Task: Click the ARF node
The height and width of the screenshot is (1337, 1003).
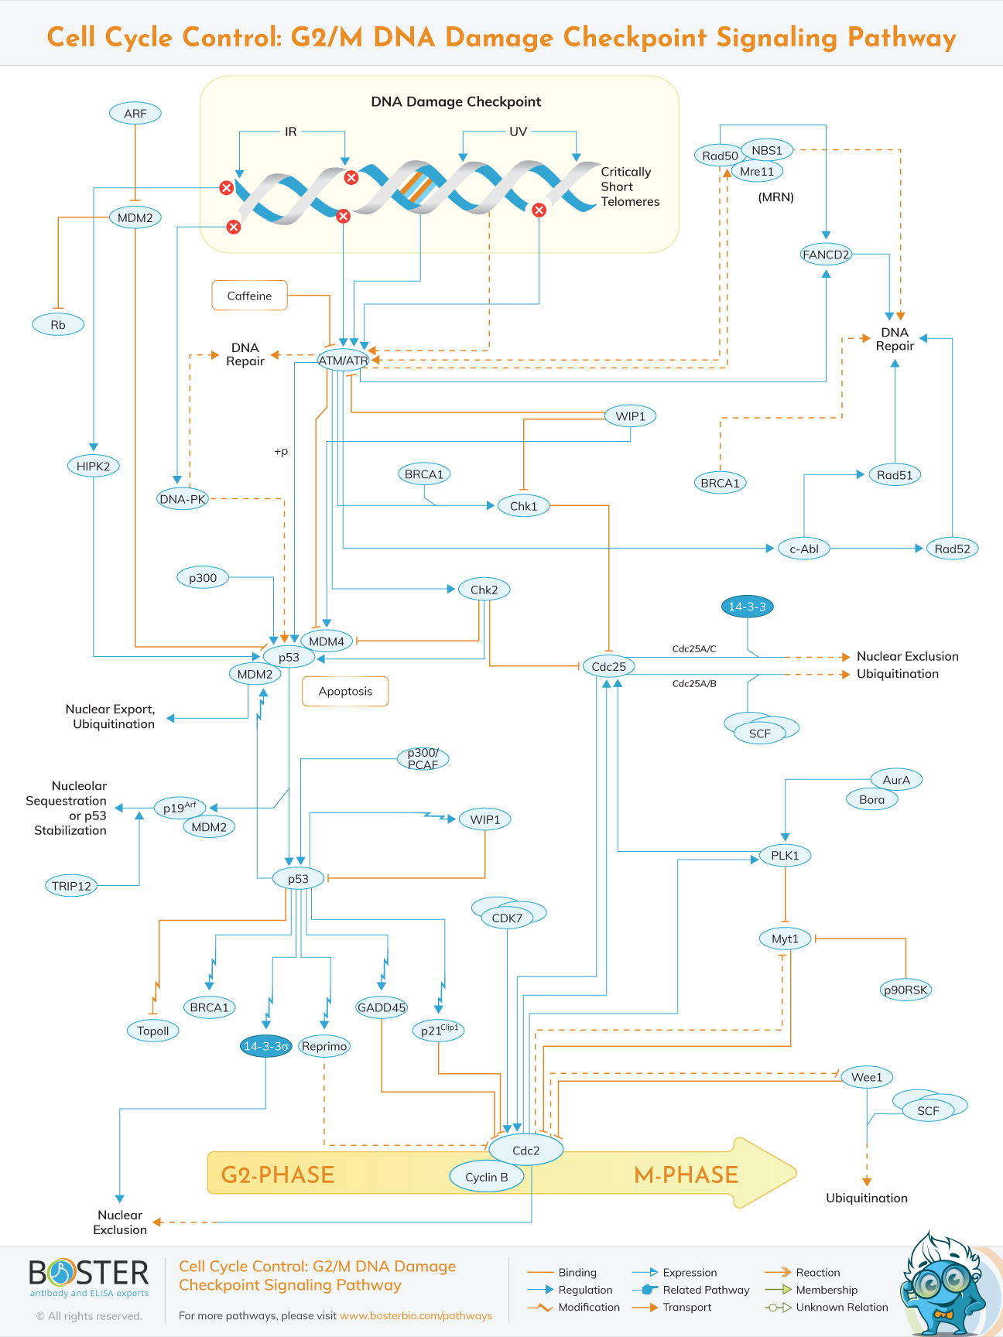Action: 135,114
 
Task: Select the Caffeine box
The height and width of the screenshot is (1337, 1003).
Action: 249,296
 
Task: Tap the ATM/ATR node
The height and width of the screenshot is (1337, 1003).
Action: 343,361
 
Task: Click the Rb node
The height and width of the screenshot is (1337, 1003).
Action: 58,325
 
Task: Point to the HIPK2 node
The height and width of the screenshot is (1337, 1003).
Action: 93,466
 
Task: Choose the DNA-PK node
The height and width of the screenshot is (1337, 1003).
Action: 183,499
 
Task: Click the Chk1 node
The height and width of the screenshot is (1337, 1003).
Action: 523,506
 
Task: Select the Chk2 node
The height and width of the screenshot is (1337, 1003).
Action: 484,590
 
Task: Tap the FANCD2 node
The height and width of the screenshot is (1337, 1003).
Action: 826,255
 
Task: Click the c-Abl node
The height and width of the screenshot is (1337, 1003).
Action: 804,549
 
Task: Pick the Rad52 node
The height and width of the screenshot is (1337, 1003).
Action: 952,549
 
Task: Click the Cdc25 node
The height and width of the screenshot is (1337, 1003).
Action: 609,666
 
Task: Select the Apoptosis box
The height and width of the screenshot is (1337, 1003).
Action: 345,691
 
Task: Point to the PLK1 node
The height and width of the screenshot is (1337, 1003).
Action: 785,855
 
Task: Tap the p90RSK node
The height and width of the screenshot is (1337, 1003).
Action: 905,990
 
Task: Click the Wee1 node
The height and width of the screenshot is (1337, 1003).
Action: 867,1077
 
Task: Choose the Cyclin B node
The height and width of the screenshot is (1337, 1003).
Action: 487,1177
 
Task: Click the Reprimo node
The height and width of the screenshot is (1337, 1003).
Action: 324,1046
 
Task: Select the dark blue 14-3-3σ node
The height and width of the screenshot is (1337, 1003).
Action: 266,1046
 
